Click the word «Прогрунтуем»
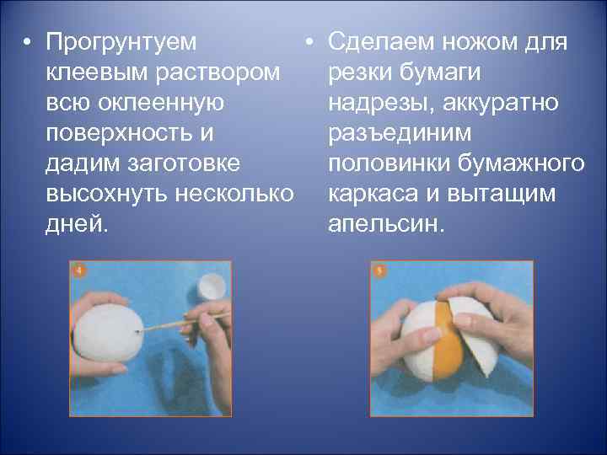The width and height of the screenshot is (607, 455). [x=123, y=41]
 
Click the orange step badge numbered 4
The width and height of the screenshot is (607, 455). [x=79, y=271]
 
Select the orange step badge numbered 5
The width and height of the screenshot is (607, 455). [x=380, y=271]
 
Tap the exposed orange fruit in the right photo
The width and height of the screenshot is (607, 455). [x=446, y=340]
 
